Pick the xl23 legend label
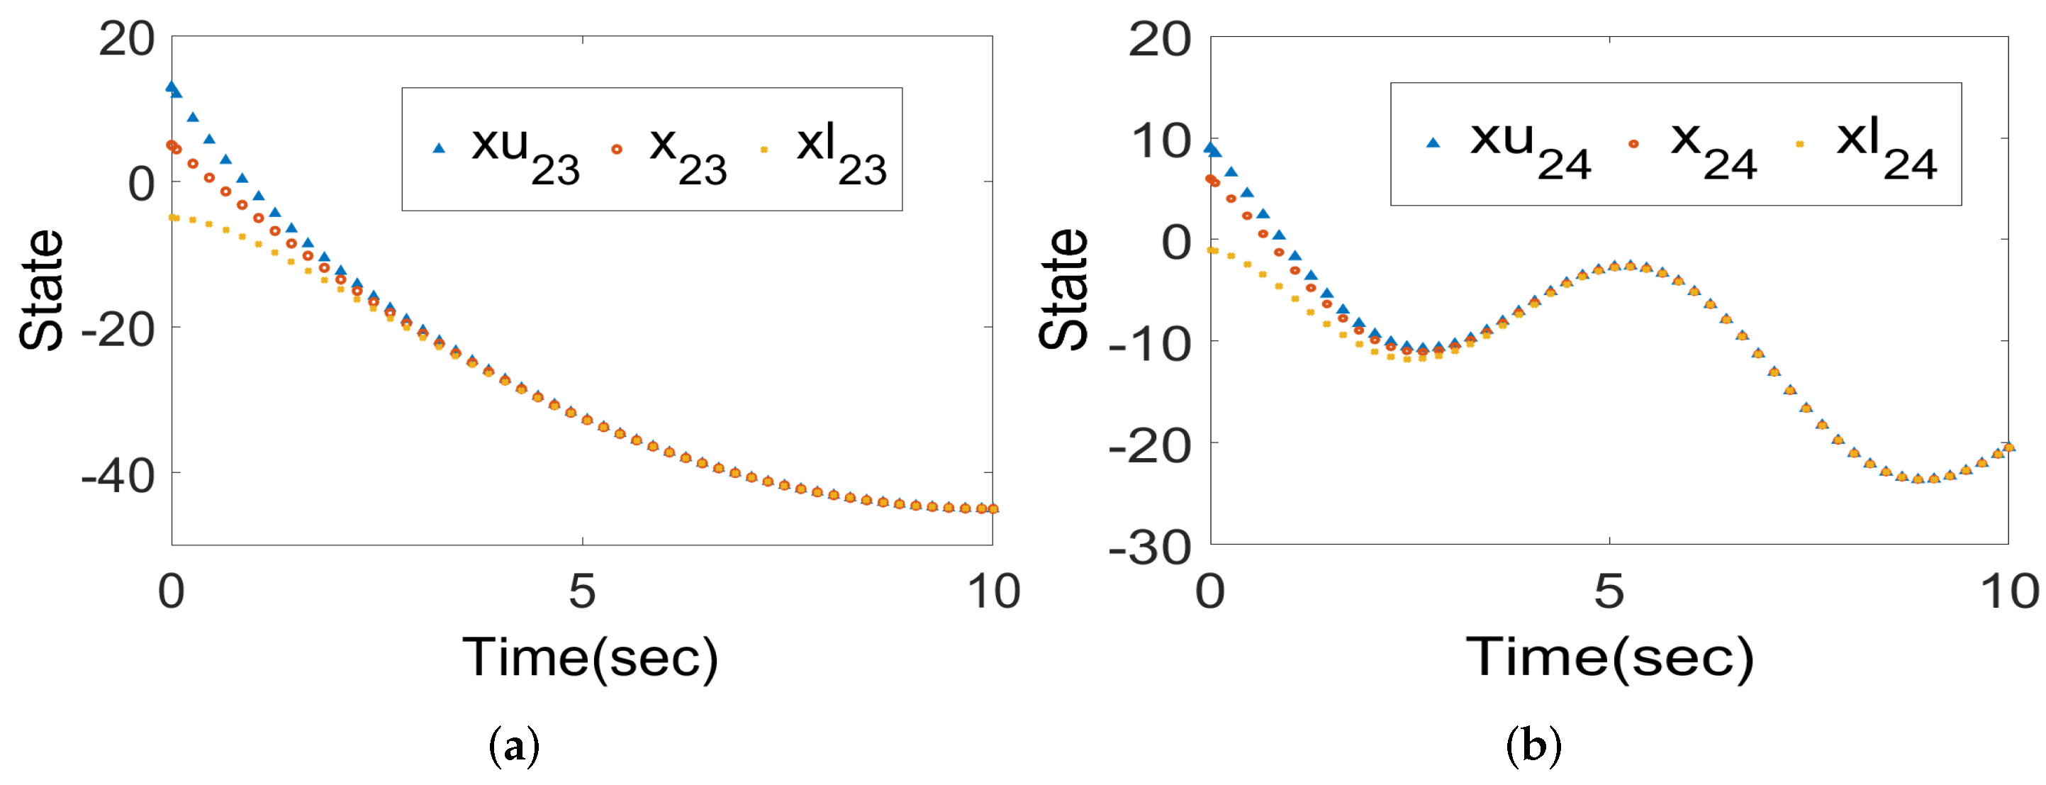point(840,152)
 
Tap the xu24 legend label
point(1530,147)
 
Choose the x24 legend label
point(1712,147)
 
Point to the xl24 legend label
point(1886,147)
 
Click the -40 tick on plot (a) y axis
point(118,477)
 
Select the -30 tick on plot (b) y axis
point(1149,547)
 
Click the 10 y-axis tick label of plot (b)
point(1161,141)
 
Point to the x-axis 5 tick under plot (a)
point(582,591)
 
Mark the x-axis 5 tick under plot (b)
point(1609,591)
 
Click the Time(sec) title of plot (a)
point(590,658)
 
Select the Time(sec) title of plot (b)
point(1609,658)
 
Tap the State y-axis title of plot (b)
point(1062,289)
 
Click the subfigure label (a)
point(514,746)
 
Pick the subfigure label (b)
point(1533,746)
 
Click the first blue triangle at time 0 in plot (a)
point(171,87)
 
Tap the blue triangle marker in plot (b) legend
point(1433,143)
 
